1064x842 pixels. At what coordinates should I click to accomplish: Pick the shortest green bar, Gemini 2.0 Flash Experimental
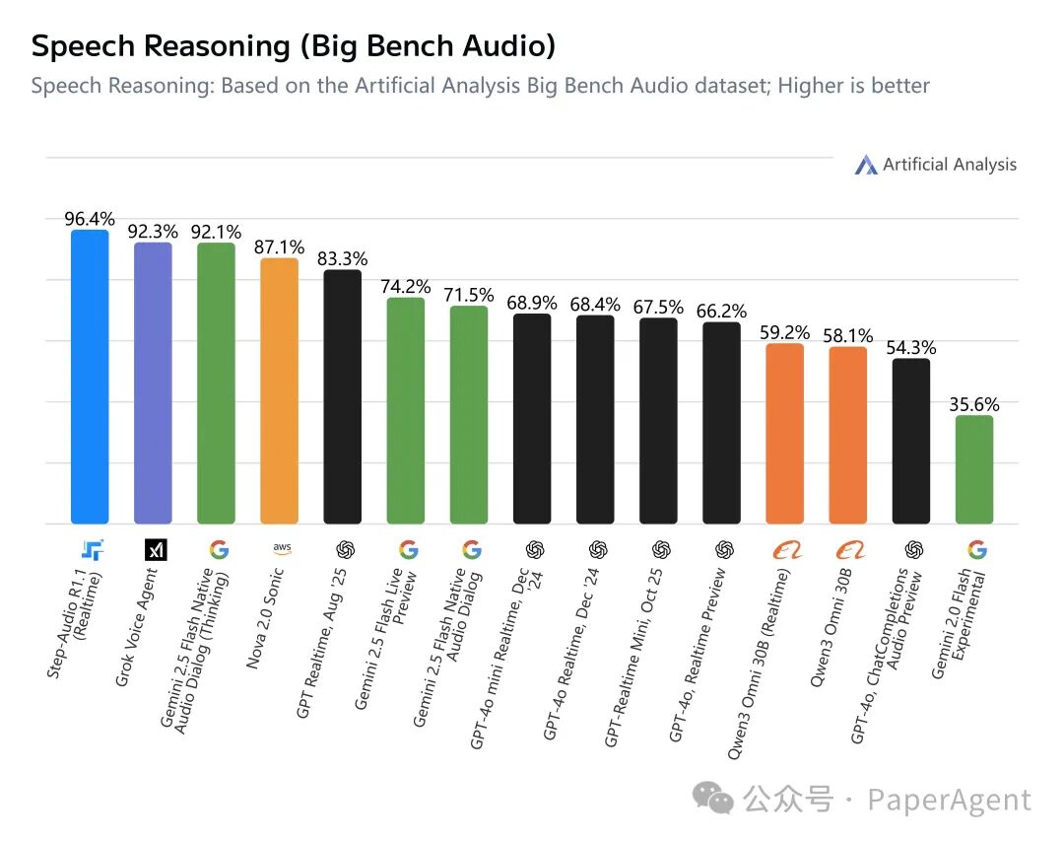(974, 469)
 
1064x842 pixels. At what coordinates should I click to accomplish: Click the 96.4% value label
(90, 218)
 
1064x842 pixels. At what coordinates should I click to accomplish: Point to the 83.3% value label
(342, 258)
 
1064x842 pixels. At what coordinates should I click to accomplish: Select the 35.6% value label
(974, 404)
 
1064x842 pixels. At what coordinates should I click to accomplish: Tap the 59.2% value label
(785, 332)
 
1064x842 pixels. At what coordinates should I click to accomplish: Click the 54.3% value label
(911, 347)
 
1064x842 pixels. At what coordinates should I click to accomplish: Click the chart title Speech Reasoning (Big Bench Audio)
(293, 45)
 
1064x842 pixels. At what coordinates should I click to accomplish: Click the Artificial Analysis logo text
(949, 165)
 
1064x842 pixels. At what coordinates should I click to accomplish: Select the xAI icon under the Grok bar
(156, 550)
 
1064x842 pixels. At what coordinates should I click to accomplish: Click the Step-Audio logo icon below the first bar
(92, 550)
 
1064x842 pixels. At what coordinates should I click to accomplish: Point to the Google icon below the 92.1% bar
(218, 550)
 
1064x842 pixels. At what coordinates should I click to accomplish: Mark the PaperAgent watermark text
(949, 800)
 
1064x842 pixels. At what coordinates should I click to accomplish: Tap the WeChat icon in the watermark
(713, 799)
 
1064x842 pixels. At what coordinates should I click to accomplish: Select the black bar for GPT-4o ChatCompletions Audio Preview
(911, 441)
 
